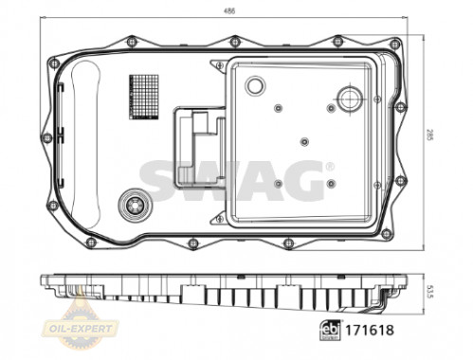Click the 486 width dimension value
229,11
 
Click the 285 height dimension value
428,135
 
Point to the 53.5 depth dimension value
428,290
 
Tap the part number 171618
370,330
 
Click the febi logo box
331,331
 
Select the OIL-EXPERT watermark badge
82,329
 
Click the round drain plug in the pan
135,206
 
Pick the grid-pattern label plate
143,98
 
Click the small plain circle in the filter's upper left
255,85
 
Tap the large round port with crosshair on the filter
350,99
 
